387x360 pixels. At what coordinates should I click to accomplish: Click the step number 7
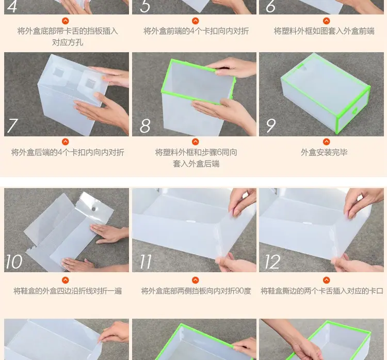click(12, 126)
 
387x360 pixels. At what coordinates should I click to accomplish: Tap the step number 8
click(145, 126)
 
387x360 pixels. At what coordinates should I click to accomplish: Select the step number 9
click(271, 126)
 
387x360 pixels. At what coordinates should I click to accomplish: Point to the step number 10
click(14, 262)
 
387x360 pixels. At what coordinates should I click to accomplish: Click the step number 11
click(146, 262)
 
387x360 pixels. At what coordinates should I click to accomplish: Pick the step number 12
click(272, 262)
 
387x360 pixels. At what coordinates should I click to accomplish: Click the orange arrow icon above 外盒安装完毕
click(326, 142)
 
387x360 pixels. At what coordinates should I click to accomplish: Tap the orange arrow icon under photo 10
click(66, 280)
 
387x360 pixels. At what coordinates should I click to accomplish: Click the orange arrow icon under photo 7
click(66, 142)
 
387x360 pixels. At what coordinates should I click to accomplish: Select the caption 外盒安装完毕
click(324, 152)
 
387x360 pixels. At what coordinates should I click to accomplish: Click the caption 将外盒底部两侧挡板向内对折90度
click(196, 291)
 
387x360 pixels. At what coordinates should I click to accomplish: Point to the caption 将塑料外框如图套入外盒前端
click(324, 31)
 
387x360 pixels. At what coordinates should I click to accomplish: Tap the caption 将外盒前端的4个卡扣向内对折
click(196, 31)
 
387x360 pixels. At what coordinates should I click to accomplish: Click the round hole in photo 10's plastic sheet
click(94, 209)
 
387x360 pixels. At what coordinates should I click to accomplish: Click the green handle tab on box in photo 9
click(355, 111)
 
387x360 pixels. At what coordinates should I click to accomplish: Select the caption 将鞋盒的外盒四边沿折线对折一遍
click(68, 291)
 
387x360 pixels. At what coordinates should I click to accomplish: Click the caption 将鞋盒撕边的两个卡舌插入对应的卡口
click(322, 291)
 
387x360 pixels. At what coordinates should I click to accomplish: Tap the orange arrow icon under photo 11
click(195, 280)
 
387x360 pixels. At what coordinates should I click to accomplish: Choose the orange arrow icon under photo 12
click(326, 280)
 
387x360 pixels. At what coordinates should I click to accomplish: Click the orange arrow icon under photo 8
click(195, 142)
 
